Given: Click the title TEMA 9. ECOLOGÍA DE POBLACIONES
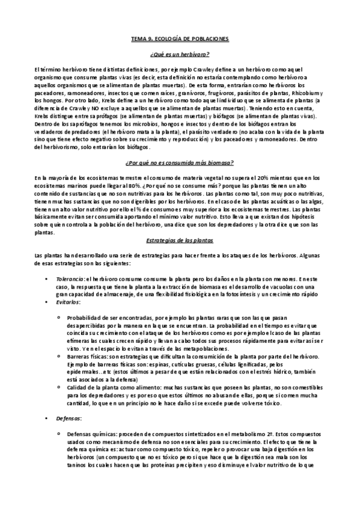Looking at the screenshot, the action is click(x=180, y=38).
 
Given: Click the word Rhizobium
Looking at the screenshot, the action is click(x=306, y=93).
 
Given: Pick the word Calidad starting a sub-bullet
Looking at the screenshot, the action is click(x=79, y=388).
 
